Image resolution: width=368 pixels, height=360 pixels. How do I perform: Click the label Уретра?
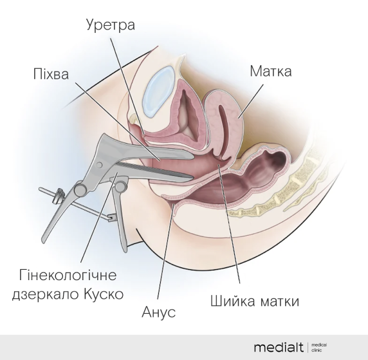pyautogui.click(x=111, y=25)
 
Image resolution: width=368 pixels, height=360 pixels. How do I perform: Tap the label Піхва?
pyautogui.click(x=51, y=74)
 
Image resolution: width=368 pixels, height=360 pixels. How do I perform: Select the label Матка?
pyautogui.click(x=271, y=71)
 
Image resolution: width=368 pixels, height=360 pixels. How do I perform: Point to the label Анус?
pyautogui.click(x=159, y=312)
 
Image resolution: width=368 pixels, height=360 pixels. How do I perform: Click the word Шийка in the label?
pyautogui.click(x=232, y=301)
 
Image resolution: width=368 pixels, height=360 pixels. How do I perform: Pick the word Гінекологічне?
pyautogui.click(x=68, y=275)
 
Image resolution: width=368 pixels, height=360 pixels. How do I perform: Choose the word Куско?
pyautogui.click(x=104, y=294)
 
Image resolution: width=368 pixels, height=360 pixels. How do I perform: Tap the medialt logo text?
pyautogui.click(x=279, y=347)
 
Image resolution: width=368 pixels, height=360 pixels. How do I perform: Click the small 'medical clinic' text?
pyautogui.click(x=319, y=347)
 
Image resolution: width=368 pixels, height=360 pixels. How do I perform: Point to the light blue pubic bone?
pyautogui.click(x=159, y=91)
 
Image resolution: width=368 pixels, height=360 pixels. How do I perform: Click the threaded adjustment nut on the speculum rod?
pyautogui.click(x=58, y=196)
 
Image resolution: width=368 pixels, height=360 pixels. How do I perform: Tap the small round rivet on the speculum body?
pyautogui.click(x=100, y=165)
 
